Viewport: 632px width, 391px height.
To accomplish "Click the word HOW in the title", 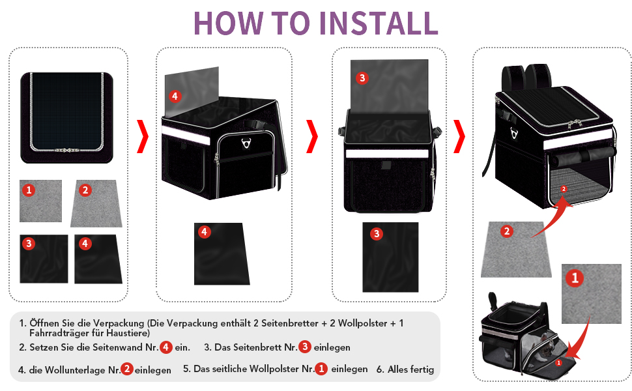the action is point(229,23).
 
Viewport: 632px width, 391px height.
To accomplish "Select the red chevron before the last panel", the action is point(459,136).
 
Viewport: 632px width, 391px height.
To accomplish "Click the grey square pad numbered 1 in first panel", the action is point(40,201).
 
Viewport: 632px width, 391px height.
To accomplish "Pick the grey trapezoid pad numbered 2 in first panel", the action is point(96,203).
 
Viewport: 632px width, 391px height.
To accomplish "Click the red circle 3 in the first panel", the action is point(29,244).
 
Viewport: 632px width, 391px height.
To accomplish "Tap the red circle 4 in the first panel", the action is point(85,244).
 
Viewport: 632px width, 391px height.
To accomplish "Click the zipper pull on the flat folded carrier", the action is point(67,150).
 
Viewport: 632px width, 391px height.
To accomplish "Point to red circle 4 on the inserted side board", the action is point(175,96).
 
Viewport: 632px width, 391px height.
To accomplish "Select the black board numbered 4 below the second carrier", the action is point(222,254).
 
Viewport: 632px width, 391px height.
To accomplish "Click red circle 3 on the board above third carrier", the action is point(362,78).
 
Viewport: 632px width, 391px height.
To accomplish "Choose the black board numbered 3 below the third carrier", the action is point(390,257).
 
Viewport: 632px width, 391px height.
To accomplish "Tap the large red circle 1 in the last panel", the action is point(575,278).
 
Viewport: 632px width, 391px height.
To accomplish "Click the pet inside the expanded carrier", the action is point(547,346).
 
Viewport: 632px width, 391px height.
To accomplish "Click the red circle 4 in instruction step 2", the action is point(166,347).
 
